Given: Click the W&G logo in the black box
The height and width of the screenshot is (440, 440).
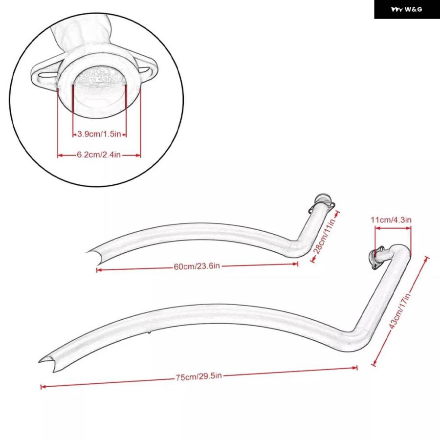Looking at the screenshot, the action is tap(406, 10).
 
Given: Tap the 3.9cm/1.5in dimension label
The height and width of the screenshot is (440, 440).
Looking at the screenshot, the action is tap(99, 134).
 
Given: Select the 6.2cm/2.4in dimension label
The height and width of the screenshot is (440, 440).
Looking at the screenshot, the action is tap(99, 154).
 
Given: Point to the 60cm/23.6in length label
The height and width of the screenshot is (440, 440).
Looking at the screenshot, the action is tap(197, 266).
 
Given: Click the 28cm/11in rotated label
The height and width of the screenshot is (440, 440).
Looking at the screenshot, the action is tap(325, 236).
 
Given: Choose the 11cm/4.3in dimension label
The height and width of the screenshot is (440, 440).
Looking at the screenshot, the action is tap(391, 220).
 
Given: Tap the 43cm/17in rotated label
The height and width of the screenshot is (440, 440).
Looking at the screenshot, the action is tap(399, 310).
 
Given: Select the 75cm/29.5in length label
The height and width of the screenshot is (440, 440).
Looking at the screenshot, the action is tap(198, 376).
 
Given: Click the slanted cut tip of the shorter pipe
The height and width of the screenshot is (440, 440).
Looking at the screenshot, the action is tap(94, 256).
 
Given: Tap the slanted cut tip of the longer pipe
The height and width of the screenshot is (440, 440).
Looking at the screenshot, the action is tap(47, 363).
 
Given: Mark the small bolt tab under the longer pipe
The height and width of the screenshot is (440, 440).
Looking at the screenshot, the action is tap(149, 332).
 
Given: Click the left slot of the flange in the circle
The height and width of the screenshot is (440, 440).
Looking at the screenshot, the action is tap(47, 75).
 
